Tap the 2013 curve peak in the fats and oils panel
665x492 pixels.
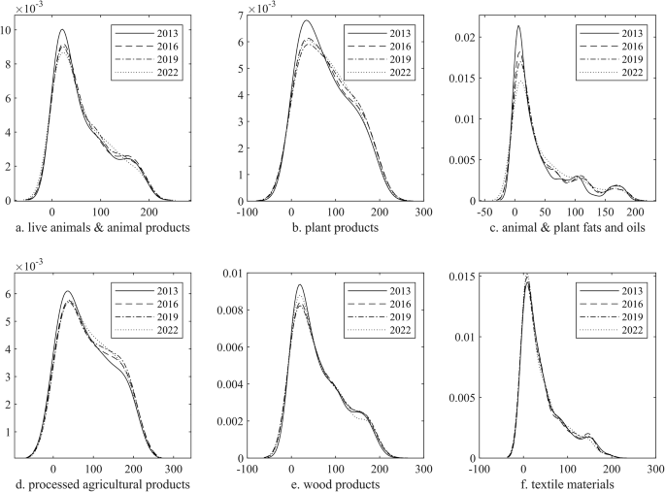click(518, 26)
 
